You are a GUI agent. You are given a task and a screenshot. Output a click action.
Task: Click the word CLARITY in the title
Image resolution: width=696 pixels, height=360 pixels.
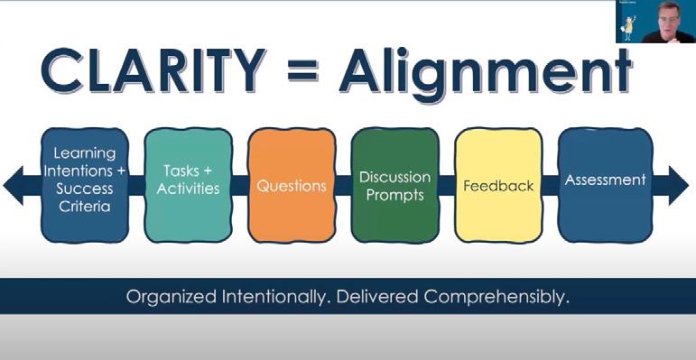point(154,70)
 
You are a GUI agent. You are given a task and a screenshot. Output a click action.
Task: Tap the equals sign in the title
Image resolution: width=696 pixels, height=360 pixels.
point(303,70)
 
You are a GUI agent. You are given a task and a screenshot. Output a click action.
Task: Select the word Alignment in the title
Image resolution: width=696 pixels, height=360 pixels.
point(486,74)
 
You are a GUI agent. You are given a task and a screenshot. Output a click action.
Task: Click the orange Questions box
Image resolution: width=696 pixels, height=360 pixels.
point(292,185)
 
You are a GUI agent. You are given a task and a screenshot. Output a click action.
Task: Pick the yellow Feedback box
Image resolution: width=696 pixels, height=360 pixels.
point(498,185)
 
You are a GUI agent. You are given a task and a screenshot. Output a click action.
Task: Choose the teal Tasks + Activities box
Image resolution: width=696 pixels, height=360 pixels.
point(188,185)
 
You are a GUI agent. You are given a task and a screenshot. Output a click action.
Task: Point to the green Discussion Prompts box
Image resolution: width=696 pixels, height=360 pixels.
point(395,185)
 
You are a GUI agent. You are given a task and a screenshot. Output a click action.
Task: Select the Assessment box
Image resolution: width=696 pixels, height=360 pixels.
point(605,185)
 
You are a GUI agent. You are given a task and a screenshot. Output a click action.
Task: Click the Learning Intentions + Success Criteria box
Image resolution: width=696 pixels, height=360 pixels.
point(85,185)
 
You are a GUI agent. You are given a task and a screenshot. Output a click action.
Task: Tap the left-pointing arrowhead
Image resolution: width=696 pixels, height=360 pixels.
point(14,185)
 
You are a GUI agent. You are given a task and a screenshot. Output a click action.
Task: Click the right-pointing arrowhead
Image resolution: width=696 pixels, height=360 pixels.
point(678,185)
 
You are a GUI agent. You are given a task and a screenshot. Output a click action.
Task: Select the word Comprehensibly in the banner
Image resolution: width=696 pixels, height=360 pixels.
point(496,297)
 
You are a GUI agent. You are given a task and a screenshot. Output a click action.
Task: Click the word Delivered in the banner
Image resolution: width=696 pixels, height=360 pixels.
point(377,297)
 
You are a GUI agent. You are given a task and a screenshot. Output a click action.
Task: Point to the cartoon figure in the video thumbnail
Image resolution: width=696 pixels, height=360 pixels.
point(628,28)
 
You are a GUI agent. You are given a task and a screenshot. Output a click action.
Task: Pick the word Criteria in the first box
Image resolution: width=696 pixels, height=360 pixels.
point(85,207)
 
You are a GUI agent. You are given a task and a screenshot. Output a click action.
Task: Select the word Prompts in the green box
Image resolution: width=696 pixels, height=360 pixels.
point(395,195)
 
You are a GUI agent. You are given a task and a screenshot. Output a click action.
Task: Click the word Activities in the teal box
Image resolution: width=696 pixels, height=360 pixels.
point(188,189)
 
